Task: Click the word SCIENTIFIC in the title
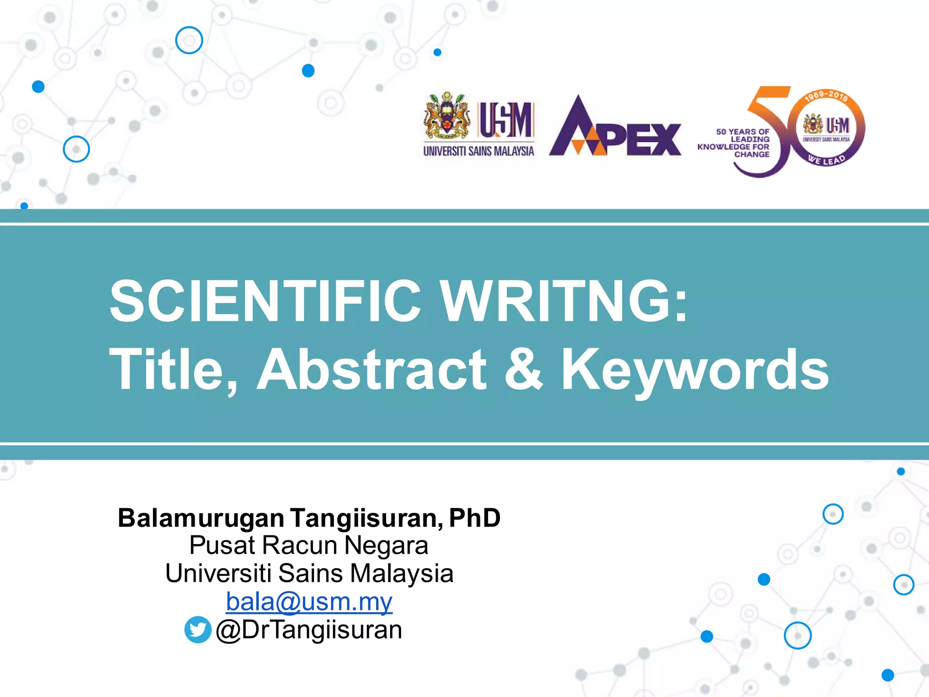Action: click(265, 301)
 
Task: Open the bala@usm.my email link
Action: click(309, 602)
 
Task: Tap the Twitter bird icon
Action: click(198, 629)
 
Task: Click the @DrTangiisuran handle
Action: click(309, 630)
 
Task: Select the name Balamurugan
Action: click(201, 518)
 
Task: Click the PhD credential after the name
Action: click(474, 518)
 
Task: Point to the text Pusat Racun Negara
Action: click(309, 545)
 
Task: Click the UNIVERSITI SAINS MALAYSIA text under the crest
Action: click(479, 151)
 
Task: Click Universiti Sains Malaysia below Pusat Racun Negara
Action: click(309, 573)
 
